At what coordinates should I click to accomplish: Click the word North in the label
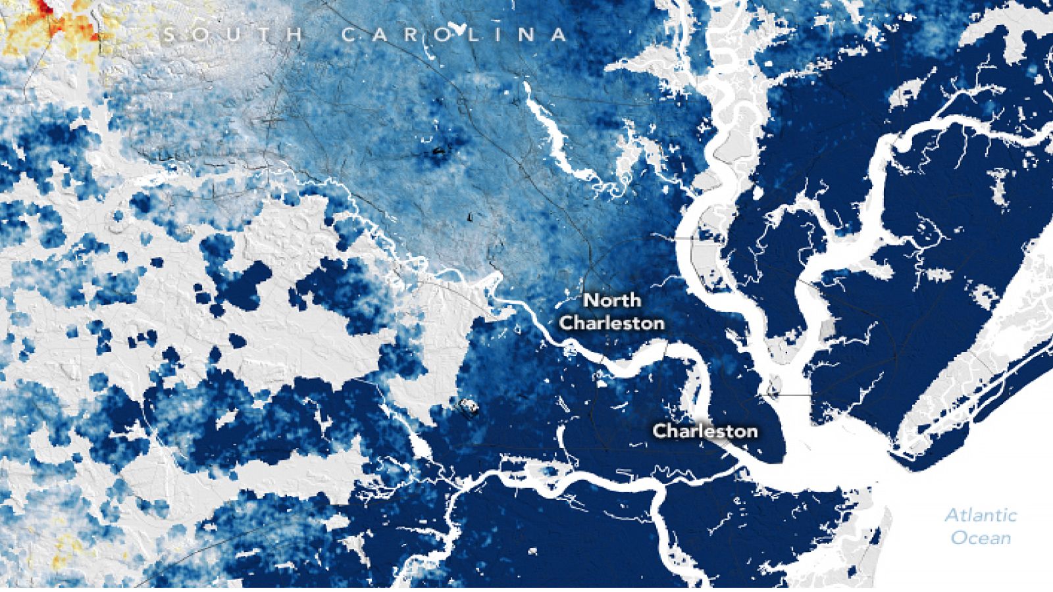tap(612, 301)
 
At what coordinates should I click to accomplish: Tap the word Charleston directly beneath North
tap(611, 324)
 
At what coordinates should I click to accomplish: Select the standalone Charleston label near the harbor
tap(704, 432)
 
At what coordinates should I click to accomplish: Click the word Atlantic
tap(981, 515)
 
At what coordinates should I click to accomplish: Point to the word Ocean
tap(981, 537)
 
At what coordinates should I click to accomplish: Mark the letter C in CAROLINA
tap(350, 34)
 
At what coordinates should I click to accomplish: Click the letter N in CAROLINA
tap(526, 34)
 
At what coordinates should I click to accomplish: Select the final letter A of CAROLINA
tap(559, 34)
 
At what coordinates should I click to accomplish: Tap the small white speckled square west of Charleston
tap(469, 408)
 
